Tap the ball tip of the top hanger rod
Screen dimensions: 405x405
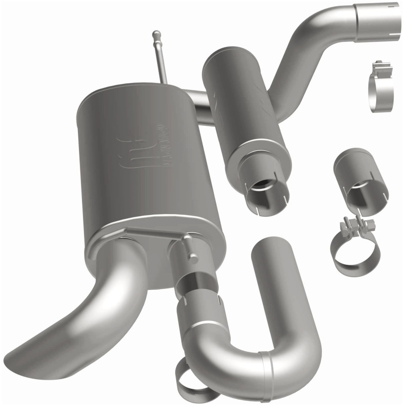(x=156, y=35)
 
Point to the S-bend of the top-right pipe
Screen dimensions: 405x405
(x=304, y=56)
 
